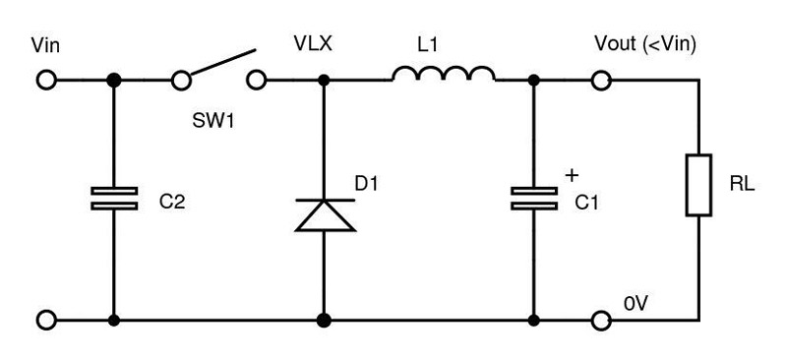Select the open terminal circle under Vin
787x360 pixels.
click(x=45, y=80)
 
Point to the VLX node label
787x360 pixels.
click(x=314, y=46)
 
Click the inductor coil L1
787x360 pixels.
click(x=444, y=74)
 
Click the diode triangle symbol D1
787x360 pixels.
click(x=325, y=213)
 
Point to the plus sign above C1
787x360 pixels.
click(x=570, y=175)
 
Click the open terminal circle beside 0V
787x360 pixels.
click(x=600, y=321)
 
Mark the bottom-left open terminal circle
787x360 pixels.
click(x=45, y=321)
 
